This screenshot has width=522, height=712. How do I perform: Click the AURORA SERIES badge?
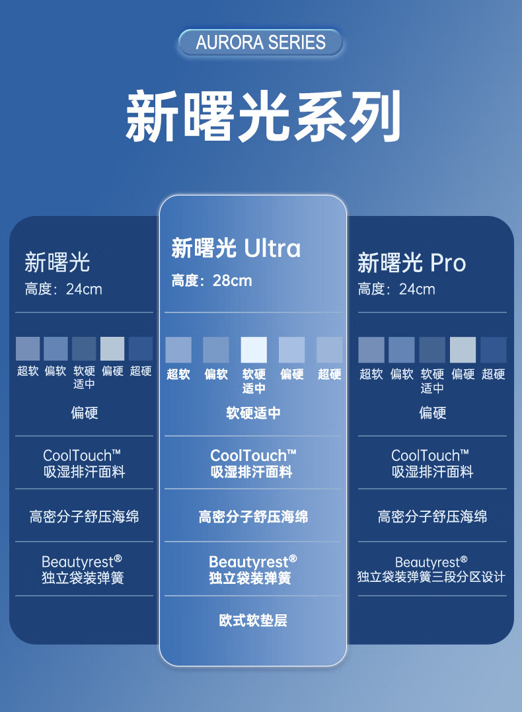click(260, 42)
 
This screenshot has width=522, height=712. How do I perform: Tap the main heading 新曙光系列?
click(263, 116)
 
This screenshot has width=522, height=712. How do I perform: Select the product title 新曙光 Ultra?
click(236, 248)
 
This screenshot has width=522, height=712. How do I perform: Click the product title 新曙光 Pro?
click(412, 263)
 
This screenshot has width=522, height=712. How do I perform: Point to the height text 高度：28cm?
click(211, 281)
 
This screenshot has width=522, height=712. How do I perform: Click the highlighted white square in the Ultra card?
click(254, 350)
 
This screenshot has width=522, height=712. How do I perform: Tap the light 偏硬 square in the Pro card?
click(463, 350)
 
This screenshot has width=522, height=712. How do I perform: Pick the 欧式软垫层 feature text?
click(253, 620)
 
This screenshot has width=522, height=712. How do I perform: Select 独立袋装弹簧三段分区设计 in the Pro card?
click(431, 577)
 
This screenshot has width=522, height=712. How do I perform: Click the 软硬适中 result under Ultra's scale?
click(253, 413)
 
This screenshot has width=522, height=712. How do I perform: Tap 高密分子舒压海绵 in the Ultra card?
click(253, 516)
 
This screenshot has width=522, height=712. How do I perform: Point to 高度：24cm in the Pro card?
click(396, 289)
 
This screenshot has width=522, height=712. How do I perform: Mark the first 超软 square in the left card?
click(28, 349)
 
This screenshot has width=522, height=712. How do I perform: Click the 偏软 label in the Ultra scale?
click(216, 374)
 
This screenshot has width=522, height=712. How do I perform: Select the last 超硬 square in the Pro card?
click(494, 350)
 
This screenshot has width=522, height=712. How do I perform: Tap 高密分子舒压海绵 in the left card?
click(84, 516)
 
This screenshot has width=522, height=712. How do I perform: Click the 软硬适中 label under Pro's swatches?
click(432, 381)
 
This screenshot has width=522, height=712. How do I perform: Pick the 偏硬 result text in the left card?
click(84, 413)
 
